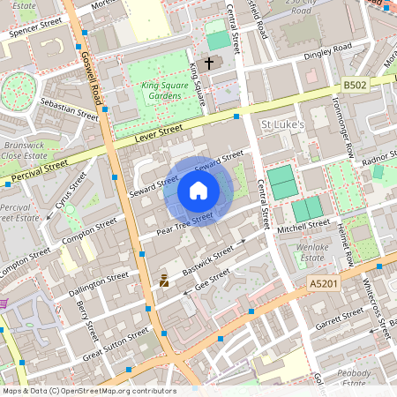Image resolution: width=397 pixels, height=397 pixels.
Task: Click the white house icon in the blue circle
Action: click(198, 191)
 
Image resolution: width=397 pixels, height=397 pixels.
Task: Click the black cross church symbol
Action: click(209, 64)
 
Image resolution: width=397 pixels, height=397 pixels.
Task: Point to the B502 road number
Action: click(355, 85)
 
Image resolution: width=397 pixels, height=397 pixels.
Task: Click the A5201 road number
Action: click(324, 283)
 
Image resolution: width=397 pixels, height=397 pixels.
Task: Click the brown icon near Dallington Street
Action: click(163, 281)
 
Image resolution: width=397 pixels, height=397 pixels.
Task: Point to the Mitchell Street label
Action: click(303, 227)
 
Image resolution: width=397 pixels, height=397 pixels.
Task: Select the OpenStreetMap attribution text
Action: click(89, 391)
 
